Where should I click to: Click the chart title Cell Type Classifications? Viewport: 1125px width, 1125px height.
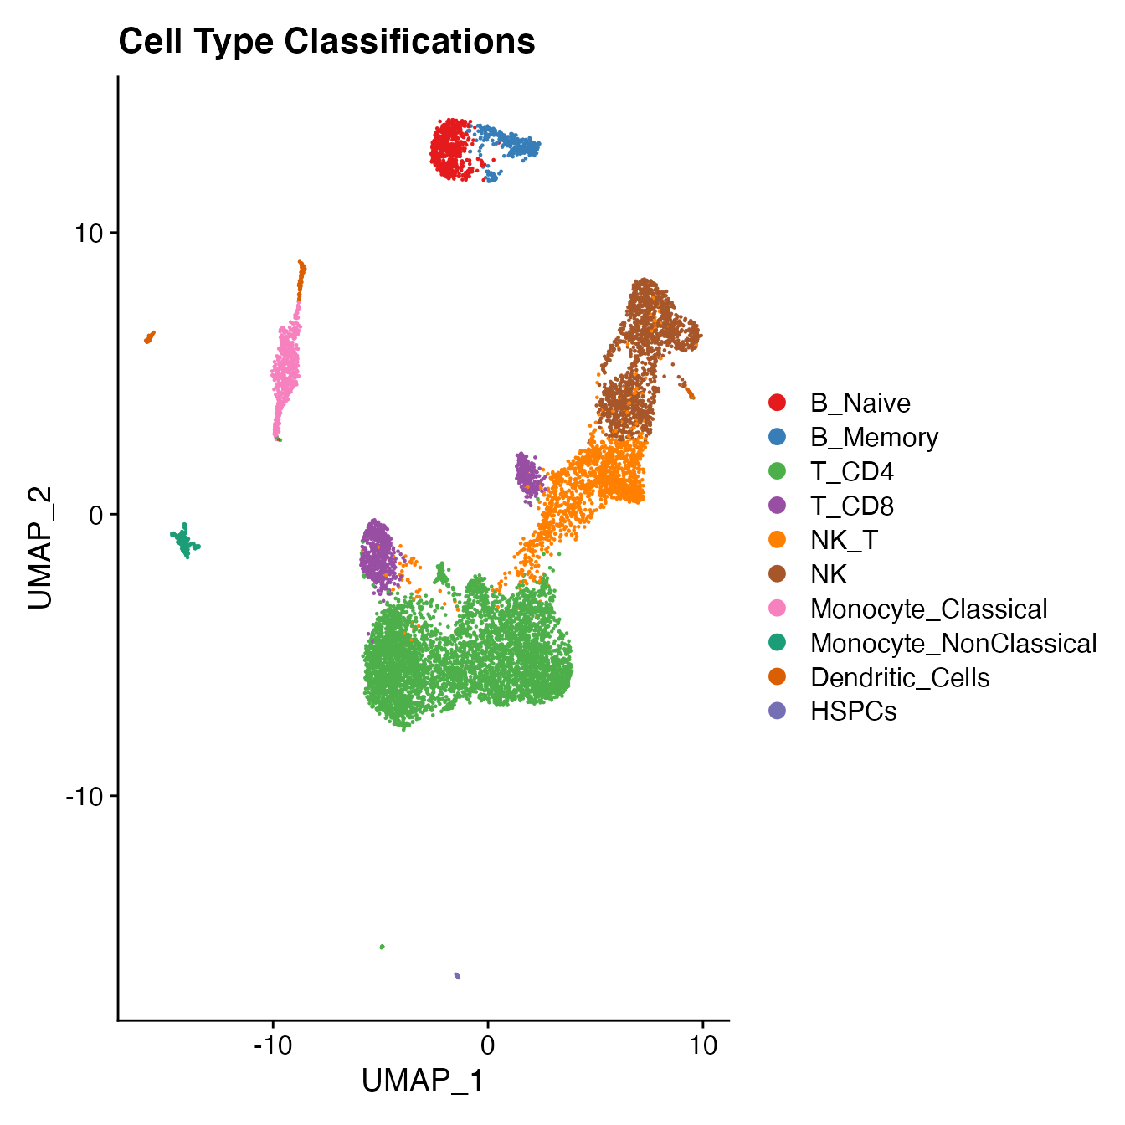click(x=326, y=41)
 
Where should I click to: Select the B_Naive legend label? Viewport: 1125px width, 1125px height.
click(x=860, y=403)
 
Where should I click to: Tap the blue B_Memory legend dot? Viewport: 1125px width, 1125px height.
click(x=778, y=437)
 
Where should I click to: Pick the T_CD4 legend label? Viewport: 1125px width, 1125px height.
click(x=851, y=472)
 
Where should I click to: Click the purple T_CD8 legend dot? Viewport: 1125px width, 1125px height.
click(x=778, y=506)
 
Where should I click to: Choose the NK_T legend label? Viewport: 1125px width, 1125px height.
click(x=844, y=541)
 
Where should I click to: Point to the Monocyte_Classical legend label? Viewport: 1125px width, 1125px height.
click(x=928, y=609)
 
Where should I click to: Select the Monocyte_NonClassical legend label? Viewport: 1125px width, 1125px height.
click(x=953, y=644)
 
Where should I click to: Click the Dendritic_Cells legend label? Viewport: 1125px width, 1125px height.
click(x=899, y=678)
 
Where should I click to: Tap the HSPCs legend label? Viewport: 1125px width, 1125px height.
click(x=853, y=712)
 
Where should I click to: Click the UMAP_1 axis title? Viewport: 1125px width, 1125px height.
click(x=423, y=1081)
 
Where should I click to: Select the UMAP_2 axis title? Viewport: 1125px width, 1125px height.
click(x=40, y=547)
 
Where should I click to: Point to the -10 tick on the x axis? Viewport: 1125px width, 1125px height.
click(x=272, y=1046)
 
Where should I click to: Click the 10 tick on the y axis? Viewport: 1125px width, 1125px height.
click(x=85, y=233)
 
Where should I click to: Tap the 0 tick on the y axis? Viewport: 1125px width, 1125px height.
click(x=95, y=514)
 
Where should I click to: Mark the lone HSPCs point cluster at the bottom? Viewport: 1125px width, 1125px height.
click(x=457, y=975)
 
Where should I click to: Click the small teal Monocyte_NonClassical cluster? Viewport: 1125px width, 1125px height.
click(x=185, y=541)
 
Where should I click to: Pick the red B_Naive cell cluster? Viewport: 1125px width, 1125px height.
click(x=452, y=149)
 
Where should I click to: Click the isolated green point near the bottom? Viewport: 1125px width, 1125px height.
click(x=383, y=947)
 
